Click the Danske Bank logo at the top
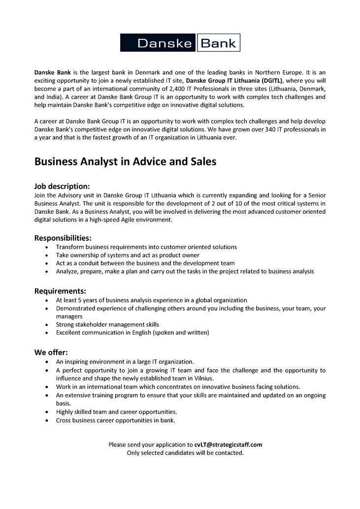[180, 43]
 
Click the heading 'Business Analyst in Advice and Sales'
[125, 161]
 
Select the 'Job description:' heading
[62, 186]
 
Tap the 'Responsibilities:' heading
[63, 238]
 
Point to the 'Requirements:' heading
[60, 291]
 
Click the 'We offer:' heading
[51, 352]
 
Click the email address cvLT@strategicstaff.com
[228, 445]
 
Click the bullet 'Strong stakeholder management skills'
[107, 324]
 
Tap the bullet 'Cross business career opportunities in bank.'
[116, 420]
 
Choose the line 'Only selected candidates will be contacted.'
[185, 452]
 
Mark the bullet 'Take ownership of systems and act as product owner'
[128, 255]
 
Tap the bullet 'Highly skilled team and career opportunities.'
[117, 412]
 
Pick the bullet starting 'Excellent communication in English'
[132, 332]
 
